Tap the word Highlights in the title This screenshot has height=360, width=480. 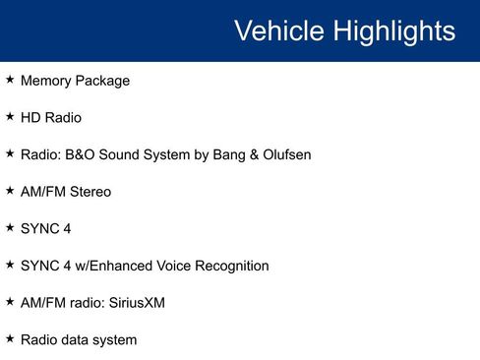pyautogui.click(x=392, y=30)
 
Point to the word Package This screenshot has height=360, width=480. pyautogui.click(x=104, y=81)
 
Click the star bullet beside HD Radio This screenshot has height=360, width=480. pyautogui.click(x=10, y=117)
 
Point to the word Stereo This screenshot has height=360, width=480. pyautogui.click(x=90, y=192)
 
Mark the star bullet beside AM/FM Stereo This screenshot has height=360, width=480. pyautogui.click(x=10, y=191)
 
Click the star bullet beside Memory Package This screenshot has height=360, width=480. pyautogui.click(x=10, y=80)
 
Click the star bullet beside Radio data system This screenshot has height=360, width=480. pyautogui.click(x=10, y=339)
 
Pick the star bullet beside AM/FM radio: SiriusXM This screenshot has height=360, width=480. pyautogui.click(x=10, y=302)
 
